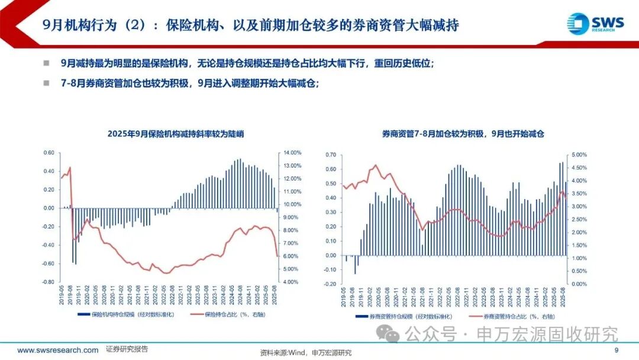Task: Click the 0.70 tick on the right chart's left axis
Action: tap(330, 155)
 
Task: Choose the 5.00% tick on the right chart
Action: tap(577, 155)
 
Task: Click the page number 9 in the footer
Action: tap(616, 351)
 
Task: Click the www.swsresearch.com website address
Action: tap(58, 350)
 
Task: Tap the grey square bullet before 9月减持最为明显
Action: tap(46, 64)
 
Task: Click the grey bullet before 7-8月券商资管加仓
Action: tap(46, 83)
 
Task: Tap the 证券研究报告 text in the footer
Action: tap(127, 349)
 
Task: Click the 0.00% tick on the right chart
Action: tap(577, 284)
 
